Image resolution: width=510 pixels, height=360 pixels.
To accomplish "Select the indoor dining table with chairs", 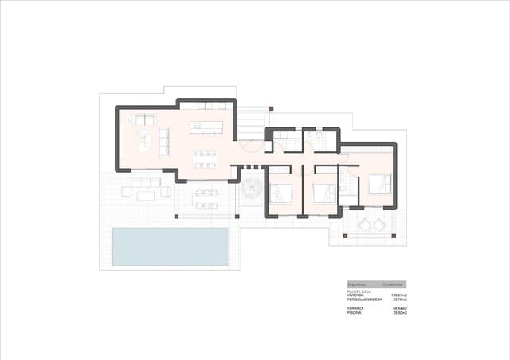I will point(206,158).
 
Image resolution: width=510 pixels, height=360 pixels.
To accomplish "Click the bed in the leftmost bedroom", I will point(283,194).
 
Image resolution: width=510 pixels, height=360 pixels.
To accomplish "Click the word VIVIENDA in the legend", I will point(356,295).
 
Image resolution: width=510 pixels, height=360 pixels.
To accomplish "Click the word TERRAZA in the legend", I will point(355,308).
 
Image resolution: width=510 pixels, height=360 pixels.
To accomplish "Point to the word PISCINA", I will point(355,313).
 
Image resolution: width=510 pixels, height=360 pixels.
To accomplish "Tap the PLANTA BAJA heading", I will point(359,292).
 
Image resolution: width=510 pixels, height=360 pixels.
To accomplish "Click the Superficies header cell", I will point(358,284).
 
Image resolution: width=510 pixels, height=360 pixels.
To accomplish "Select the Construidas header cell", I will point(393,284).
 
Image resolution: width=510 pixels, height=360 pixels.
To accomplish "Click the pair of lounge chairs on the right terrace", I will point(370,225).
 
